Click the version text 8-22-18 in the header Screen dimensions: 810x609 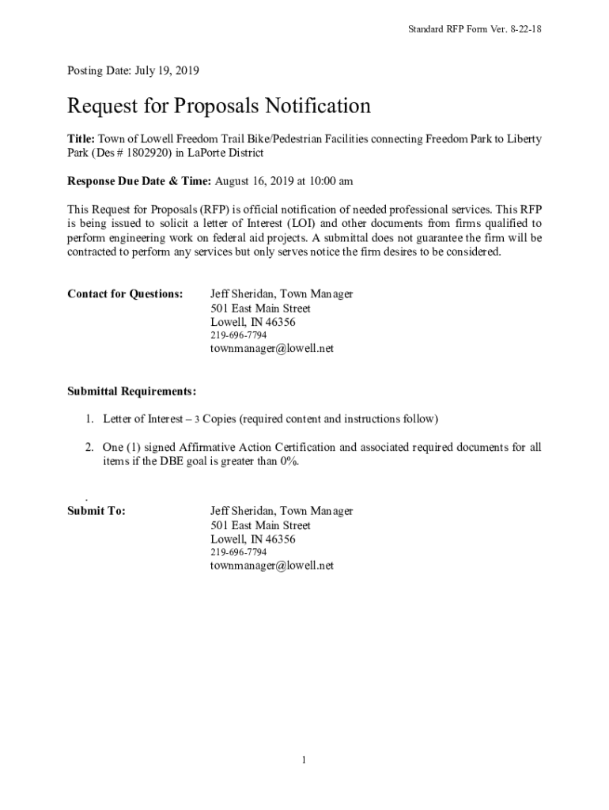tap(524, 29)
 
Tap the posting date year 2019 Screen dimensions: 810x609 tap(185, 71)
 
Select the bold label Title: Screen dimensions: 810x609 tap(81, 139)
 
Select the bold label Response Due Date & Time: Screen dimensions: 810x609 tap(139, 181)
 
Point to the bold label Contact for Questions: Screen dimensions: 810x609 tap(125, 294)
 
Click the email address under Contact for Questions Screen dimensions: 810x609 tap(272, 348)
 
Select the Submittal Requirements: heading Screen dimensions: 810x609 tap(131, 392)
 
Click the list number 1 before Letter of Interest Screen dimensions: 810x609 tap(90, 418)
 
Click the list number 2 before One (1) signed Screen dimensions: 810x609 tap(90, 448)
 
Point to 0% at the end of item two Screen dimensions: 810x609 tap(288, 462)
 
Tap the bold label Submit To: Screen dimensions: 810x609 tap(96, 512)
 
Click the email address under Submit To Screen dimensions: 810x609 tap(272, 566)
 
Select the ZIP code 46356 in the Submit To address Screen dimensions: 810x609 tap(280, 539)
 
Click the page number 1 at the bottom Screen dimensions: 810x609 tap(304, 761)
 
